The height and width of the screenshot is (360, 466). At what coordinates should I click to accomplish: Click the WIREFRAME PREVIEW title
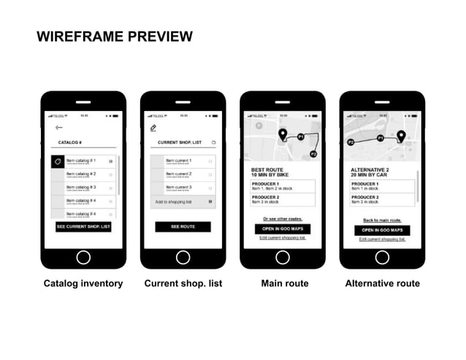(115, 37)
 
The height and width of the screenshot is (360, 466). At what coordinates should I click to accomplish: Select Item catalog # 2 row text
(81, 175)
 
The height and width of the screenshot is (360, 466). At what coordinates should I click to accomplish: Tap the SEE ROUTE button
(183, 227)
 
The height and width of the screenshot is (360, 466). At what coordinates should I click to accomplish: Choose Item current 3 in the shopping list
(178, 188)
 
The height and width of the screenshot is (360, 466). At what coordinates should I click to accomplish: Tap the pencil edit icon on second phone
(153, 128)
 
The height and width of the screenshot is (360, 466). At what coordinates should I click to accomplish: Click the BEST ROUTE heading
(267, 169)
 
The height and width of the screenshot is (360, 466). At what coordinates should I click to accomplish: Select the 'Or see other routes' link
(282, 218)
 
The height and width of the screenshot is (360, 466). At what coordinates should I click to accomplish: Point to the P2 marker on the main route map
(313, 154)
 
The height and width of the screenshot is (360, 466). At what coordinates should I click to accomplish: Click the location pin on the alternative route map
(400, 136)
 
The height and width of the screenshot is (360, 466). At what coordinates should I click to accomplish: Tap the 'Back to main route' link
(382, 219)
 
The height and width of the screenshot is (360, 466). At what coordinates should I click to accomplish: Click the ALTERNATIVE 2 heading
(371, 169)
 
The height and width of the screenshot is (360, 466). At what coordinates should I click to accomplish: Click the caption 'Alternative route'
(382, 283)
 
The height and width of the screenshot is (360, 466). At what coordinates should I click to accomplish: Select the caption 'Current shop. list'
(183, 283)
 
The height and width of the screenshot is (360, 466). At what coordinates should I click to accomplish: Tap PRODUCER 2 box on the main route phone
(282, 199)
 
